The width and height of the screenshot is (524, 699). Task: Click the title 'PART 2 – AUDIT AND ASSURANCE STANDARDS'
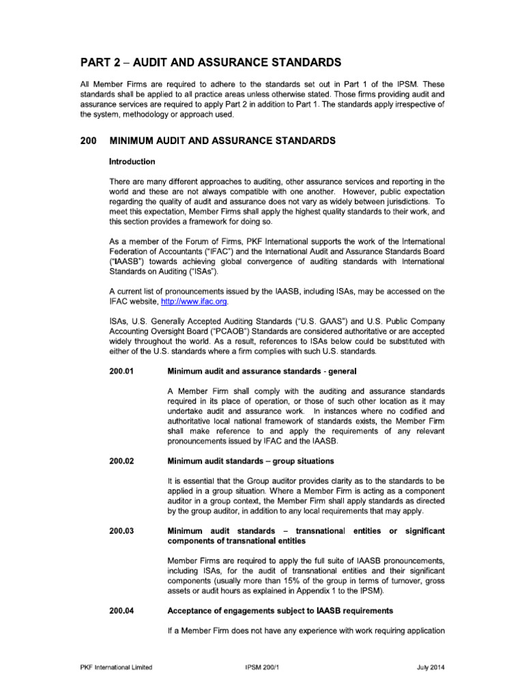210,63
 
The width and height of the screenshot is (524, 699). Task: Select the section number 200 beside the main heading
89,141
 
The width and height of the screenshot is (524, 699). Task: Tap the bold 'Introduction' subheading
132,162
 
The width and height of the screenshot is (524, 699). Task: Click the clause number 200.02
122,461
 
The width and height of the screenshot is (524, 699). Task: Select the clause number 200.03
122,530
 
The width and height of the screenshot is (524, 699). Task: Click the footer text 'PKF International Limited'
115,667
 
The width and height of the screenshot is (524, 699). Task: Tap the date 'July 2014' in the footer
430,667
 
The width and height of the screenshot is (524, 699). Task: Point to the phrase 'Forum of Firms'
203,242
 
